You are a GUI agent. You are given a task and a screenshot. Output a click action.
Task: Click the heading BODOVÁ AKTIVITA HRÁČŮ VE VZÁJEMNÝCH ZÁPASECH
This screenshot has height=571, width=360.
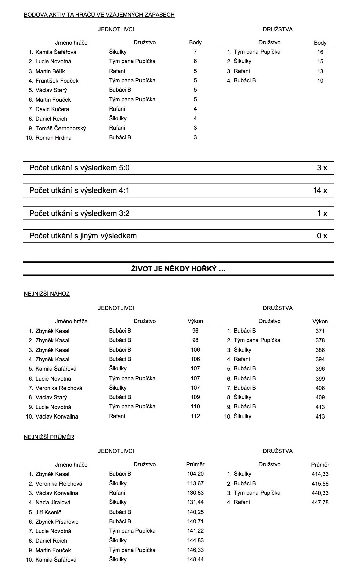(99, 15)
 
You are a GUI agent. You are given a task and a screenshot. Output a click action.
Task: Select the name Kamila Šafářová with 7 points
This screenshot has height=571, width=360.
(56, 52)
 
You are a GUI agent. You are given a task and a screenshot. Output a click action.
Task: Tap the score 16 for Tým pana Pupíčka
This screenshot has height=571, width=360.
(320, 52)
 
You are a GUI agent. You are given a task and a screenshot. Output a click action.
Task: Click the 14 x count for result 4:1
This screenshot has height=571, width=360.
(320, 190)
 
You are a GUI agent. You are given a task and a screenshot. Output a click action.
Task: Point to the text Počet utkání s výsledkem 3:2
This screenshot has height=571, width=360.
(79, 213)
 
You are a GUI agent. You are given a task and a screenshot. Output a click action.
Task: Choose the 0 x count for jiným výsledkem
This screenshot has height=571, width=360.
(322, 236)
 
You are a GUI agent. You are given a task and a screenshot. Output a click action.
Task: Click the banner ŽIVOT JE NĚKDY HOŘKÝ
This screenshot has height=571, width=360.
(178, 269)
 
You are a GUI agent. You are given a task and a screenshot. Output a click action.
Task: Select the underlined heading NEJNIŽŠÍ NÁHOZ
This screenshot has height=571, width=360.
(47, 294)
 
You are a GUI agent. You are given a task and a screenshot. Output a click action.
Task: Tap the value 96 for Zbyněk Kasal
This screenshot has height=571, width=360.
(195, 331)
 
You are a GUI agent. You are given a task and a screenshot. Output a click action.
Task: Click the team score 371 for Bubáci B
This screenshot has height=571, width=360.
(320, 331)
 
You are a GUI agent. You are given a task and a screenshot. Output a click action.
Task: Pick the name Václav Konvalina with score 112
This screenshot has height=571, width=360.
(57, 416)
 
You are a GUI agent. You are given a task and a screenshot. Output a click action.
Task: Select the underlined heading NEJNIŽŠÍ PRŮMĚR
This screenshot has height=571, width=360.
(49, 437)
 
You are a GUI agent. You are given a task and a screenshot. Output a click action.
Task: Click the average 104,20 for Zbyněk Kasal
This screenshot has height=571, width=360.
(195, 474)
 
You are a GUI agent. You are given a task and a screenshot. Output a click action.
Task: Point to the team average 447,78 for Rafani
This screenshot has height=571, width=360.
(320, 502)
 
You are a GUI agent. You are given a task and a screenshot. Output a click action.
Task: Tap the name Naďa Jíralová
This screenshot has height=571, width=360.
(53, 502)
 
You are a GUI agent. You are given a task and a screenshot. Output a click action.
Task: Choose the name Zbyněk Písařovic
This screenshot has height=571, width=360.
(57, 522)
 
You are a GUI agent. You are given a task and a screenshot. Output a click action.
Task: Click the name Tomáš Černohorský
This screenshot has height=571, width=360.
(61, 128)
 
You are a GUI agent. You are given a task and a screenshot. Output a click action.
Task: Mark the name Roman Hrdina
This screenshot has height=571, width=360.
(53, 138)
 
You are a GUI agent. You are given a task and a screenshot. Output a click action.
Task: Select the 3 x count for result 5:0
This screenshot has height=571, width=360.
(322, 168)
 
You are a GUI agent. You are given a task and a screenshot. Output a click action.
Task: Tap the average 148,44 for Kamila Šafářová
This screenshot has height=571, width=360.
(195, 560)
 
